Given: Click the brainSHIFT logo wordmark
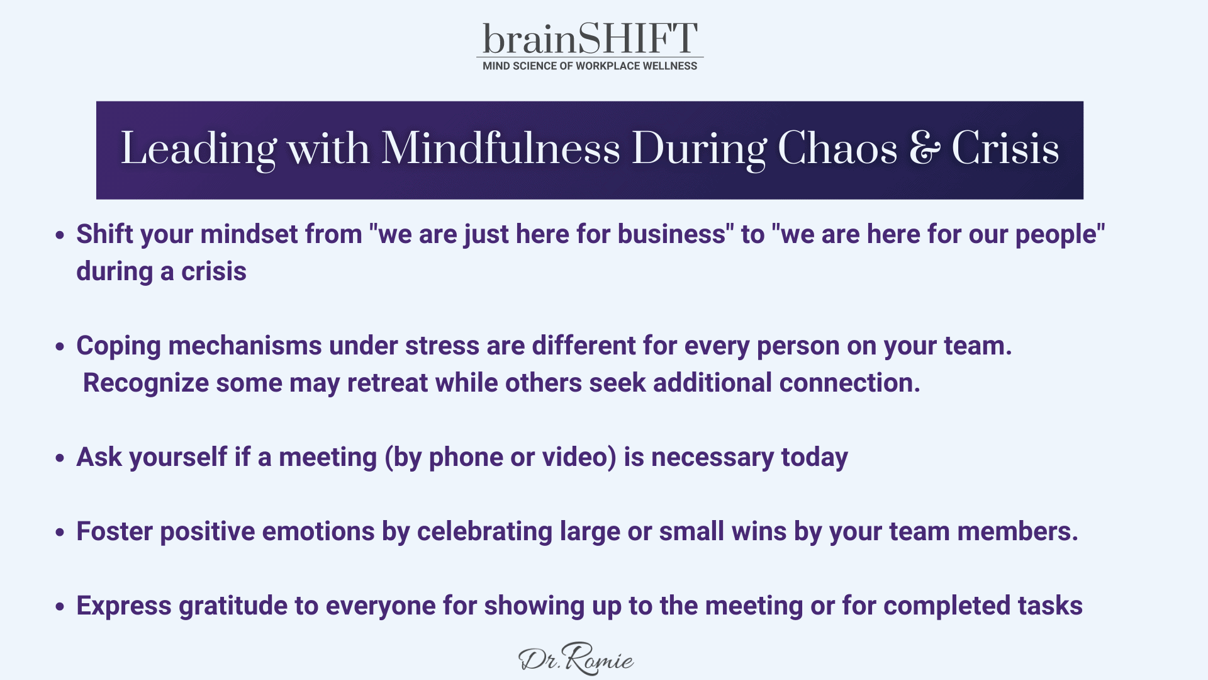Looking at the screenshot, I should click(x=590, y=38).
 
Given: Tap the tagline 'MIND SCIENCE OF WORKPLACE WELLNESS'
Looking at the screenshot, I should click(x=590, y=66).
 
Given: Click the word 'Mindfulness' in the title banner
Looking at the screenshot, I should click(x=500, y=149).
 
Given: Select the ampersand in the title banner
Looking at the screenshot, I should click(x=924, y=149).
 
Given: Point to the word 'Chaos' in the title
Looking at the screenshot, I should click(x=837, y=149).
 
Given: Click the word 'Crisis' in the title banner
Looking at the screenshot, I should click(x=1005, y=149).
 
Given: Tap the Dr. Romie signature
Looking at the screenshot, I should click(x=576, y=659).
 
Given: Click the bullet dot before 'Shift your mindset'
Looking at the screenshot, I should click(x=60, y=235).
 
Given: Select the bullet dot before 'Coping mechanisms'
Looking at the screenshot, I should click(x=60, y=347).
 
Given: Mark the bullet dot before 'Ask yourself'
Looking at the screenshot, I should click(x=60, y=458).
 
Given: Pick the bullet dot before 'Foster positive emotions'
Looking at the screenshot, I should click(x=60, y=533).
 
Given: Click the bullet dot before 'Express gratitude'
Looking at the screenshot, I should click(x=60, y=607).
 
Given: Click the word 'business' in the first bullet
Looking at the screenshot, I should click(x=671, y=234).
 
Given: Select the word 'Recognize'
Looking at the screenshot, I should click(x=146, y=383).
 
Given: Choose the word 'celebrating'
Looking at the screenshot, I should click(x=484, y=532).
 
